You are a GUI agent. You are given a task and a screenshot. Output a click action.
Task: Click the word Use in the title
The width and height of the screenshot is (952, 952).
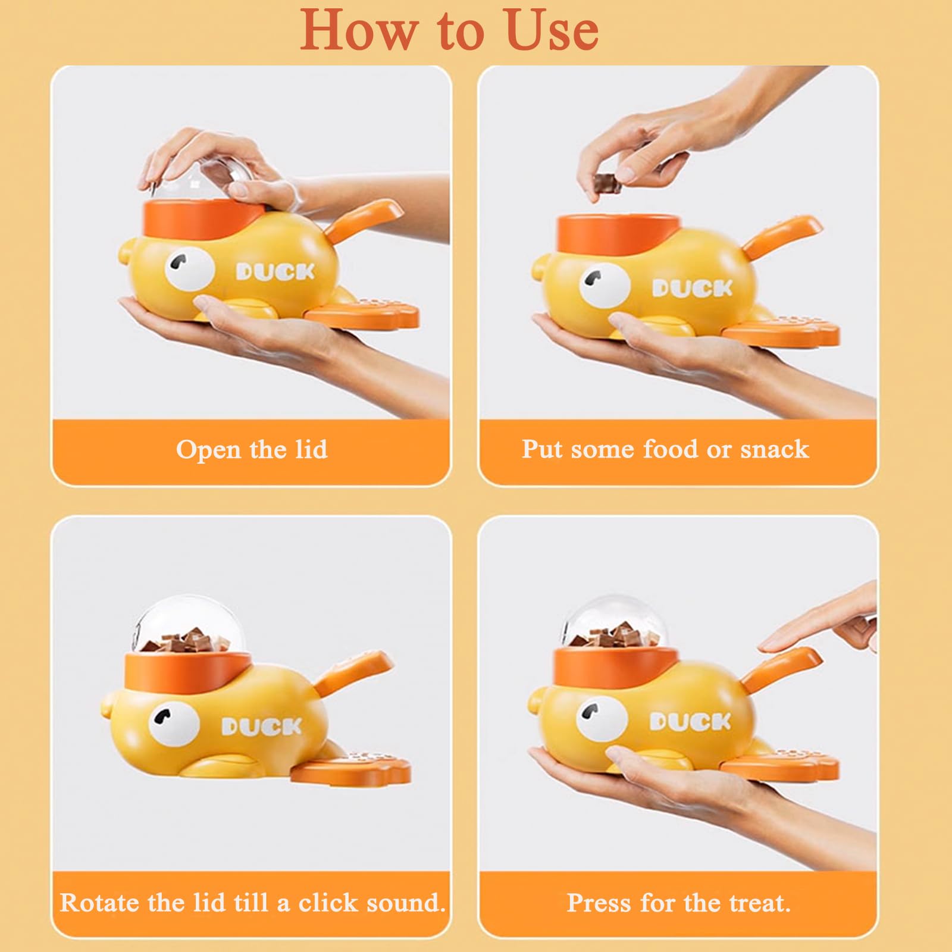click(553, 30)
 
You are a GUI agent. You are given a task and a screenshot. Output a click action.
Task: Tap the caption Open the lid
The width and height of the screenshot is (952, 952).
click(252, 449)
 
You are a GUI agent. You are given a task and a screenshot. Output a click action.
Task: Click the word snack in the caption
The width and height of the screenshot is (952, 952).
click(774, 449)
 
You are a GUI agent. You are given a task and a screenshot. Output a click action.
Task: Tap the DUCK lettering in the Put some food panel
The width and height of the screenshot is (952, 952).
click(692, 289)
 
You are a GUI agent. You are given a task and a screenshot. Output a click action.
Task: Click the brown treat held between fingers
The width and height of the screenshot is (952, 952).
click(607, 183)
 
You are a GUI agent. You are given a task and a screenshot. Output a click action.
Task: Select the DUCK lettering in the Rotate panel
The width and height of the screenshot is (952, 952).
click(262, 726)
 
